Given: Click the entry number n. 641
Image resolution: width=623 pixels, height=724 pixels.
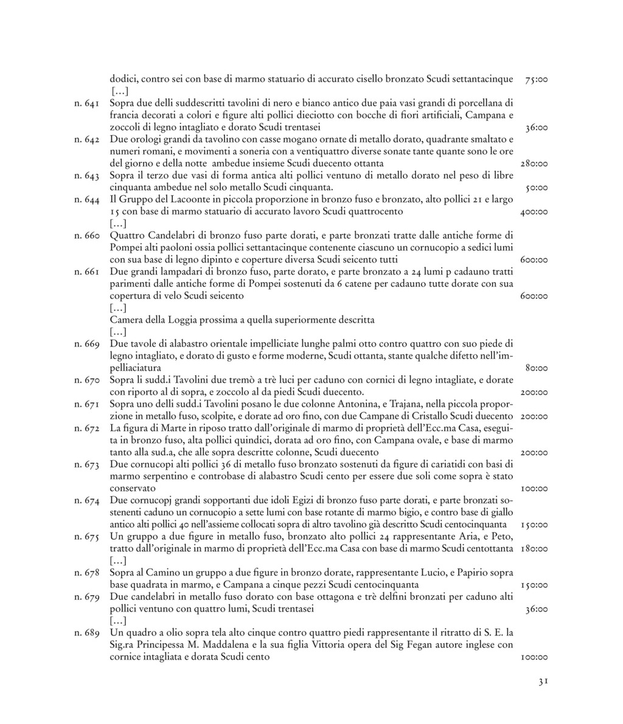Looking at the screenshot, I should [x=88, y=103].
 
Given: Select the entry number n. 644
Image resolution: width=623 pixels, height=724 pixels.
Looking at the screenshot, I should [x=88, y=200].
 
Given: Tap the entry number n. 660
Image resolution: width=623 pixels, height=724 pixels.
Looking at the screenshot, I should [x=88, y=236].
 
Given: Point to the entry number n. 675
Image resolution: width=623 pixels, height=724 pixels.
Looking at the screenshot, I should [x=88, y=537].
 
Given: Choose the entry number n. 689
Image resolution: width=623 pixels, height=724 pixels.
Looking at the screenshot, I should [x=88, y=633].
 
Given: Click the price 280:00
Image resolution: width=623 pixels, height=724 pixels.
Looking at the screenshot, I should [x=535, y=164].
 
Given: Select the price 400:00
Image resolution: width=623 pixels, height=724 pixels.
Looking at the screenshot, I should [x=535, y=212].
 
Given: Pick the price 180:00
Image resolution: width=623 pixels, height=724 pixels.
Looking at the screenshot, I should [x=535, y=549].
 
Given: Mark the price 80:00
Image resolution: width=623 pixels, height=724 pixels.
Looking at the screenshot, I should [x=536, y=368].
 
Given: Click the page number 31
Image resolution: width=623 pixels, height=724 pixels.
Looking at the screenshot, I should [x=543, y=682].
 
